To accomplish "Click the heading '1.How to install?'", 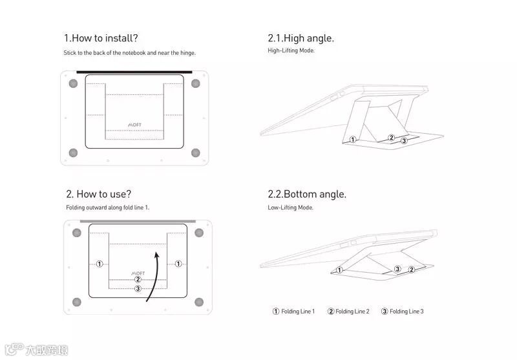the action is [101, 38].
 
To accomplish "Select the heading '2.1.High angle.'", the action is [301, 38].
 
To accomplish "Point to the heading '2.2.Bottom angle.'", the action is [307, 194].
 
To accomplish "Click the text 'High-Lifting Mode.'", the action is [291, 50].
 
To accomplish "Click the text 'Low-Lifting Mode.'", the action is [290, 207].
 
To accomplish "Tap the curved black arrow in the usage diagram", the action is [153, 278].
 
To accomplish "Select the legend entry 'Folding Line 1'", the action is [294, 312].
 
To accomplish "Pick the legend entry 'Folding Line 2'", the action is [349, 312].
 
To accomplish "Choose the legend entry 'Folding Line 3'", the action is [403, 312].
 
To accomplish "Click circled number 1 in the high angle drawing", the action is [352, 139].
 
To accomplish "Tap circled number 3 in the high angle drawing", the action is [404, 140].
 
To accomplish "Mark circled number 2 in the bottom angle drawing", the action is [412, 269].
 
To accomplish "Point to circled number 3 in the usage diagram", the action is [138, 289].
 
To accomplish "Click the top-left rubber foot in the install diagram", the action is [73, 83].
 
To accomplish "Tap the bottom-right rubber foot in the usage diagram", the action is [198, 302].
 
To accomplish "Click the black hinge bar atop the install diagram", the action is [134, 72].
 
